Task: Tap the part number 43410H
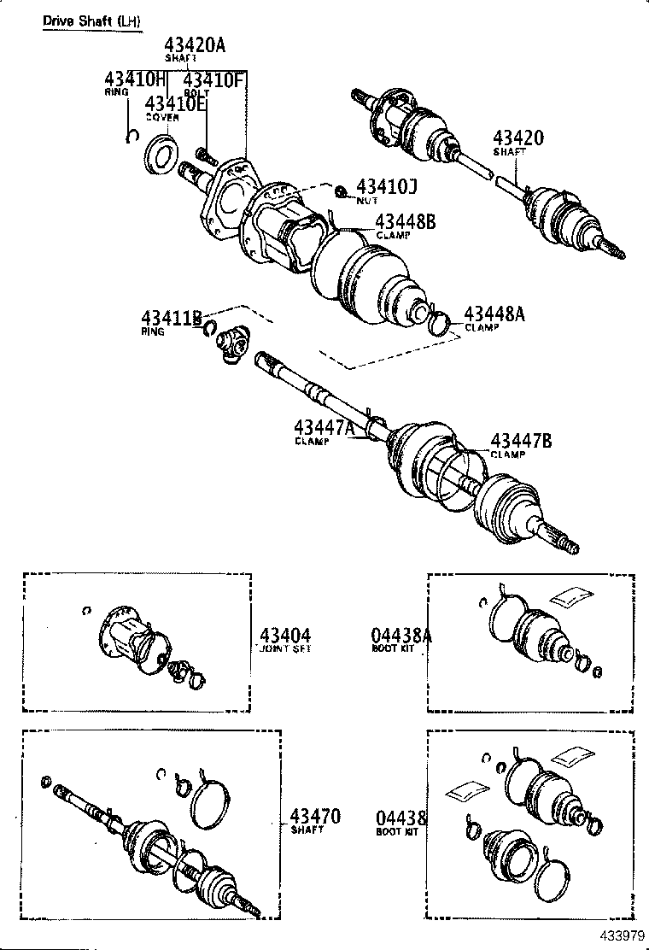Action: click(x=133, y=80)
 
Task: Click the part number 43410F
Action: click(x=214, y=80)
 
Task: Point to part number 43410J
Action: click(x=386, y=187)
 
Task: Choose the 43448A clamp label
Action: click(x=494, y=315)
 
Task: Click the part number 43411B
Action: click(x=172, y=320)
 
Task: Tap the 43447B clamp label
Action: click(x=521, y=441)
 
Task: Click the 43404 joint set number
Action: click(x=284, y=636)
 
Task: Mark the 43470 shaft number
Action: click(x=314, y=817)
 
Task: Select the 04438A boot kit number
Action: click(x=401, y=636)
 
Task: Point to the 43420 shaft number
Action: click(x=517, y=139)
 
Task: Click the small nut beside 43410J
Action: click(x=341, y=191)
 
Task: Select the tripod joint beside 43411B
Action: click(x=233, y=346)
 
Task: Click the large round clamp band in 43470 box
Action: click(x=211, y=800)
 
